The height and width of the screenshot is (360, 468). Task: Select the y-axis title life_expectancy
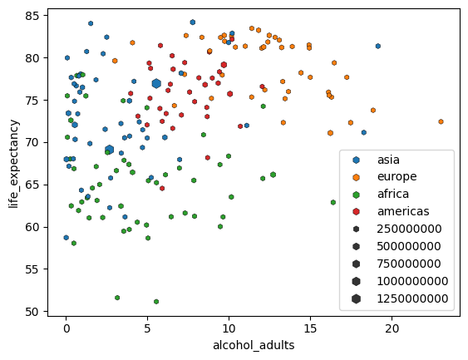pos(13,165)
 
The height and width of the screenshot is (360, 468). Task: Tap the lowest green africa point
pos(156,302)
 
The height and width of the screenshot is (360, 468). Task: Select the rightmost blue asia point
pos(378,47)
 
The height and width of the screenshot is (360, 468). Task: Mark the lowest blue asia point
pos(67,238)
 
